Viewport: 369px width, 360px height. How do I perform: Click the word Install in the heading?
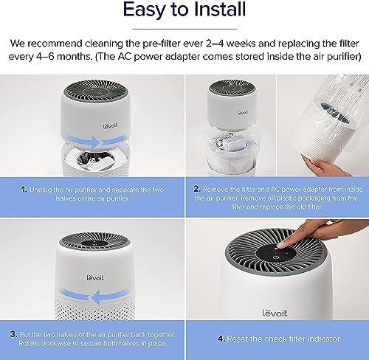coord(220,9)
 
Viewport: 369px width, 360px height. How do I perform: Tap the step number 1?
coord(24,190)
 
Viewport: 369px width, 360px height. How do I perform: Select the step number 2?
coord(197,189)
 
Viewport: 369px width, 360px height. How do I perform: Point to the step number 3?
coord(14,334)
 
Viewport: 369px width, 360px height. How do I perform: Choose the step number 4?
coord(221,339)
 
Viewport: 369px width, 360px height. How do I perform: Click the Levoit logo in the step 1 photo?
coord(110,126)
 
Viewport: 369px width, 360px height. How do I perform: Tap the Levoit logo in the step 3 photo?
coord(95,278)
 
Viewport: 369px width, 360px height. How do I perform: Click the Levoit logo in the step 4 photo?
coord(275,313)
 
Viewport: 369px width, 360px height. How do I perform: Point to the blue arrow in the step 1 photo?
coord(97,141)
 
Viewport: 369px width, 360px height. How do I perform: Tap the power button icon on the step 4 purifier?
coord(276,257)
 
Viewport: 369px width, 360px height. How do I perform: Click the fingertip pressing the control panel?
coord(281,245)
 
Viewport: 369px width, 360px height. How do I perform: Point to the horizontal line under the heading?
coord(184,29)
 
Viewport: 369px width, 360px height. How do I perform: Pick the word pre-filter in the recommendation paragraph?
coord(162,44)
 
